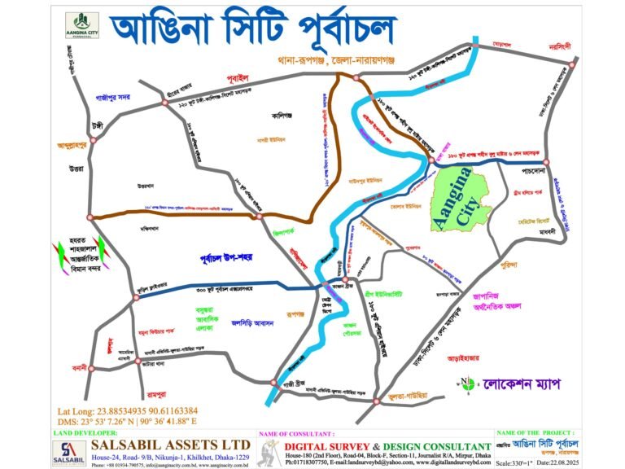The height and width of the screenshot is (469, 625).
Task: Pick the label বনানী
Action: pyautogui.click(x=80, y=368)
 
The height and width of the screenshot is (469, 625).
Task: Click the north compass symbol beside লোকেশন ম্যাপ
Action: pyautogui.click(x=467, y=384)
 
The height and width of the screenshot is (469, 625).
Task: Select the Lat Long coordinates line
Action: pyautogui.click(x=128, y=410)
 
